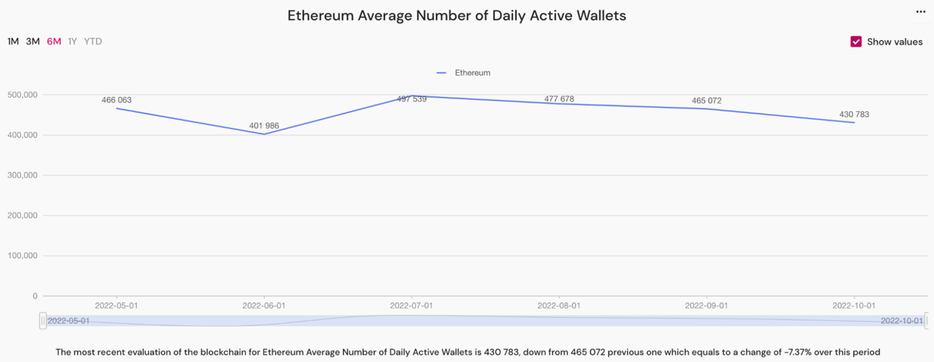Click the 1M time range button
(13, 42)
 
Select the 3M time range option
(33, 42)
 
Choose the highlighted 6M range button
(54, 42)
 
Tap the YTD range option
(93, 42)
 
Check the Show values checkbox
(856, 42)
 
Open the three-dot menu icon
(920, 12)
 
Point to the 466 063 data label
(116, 100)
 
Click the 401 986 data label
(264, 126)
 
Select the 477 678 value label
(559, 99)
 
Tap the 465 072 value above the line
(706, 101)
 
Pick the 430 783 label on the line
(854, 115)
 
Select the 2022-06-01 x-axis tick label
(264, 305)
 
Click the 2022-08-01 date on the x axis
(559, 305)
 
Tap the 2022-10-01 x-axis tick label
(854, 305)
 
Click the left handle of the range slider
(43, 320)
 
